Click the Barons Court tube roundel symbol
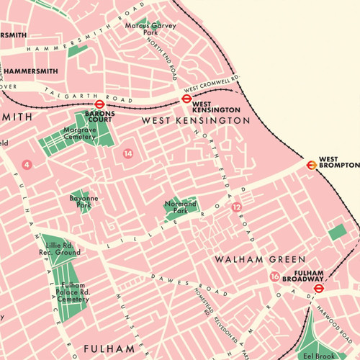click(100, 104)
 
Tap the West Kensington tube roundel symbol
click(184, 100)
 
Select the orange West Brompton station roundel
click(311, 163)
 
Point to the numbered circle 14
click(128, 153)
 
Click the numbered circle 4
click(27, 165)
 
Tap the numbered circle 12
click(237, 207)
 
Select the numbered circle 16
click(274, 276)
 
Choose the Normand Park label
click(180, 207)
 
